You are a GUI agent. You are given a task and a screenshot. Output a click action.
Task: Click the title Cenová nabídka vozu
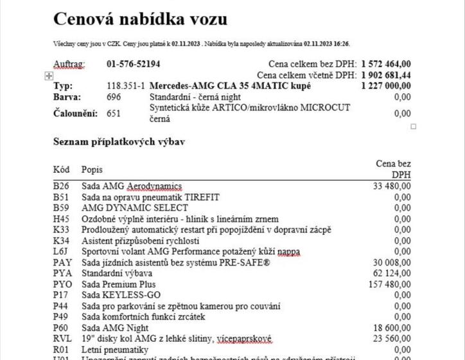click(139, 19)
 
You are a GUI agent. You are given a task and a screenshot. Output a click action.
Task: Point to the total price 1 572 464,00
click(386, 64)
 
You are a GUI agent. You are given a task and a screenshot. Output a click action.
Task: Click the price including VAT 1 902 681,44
click(386, 75)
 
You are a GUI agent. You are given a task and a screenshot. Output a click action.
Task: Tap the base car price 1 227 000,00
click(386, 85)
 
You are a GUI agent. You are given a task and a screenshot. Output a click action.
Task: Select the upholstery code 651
click(114, 113)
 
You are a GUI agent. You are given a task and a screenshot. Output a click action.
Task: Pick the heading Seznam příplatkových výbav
click(119, 141)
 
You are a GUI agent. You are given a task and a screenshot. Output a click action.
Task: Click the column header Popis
click(92, 170)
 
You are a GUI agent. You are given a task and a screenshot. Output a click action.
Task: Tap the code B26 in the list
click(61, 186)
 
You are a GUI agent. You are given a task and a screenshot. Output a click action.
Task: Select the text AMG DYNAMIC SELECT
click(135, 208)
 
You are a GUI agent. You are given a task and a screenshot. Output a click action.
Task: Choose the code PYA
click(62, 273)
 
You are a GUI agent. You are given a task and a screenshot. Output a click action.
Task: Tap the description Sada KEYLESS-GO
click(120, 295)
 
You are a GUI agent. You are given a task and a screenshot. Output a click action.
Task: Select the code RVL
click(62, 338)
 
